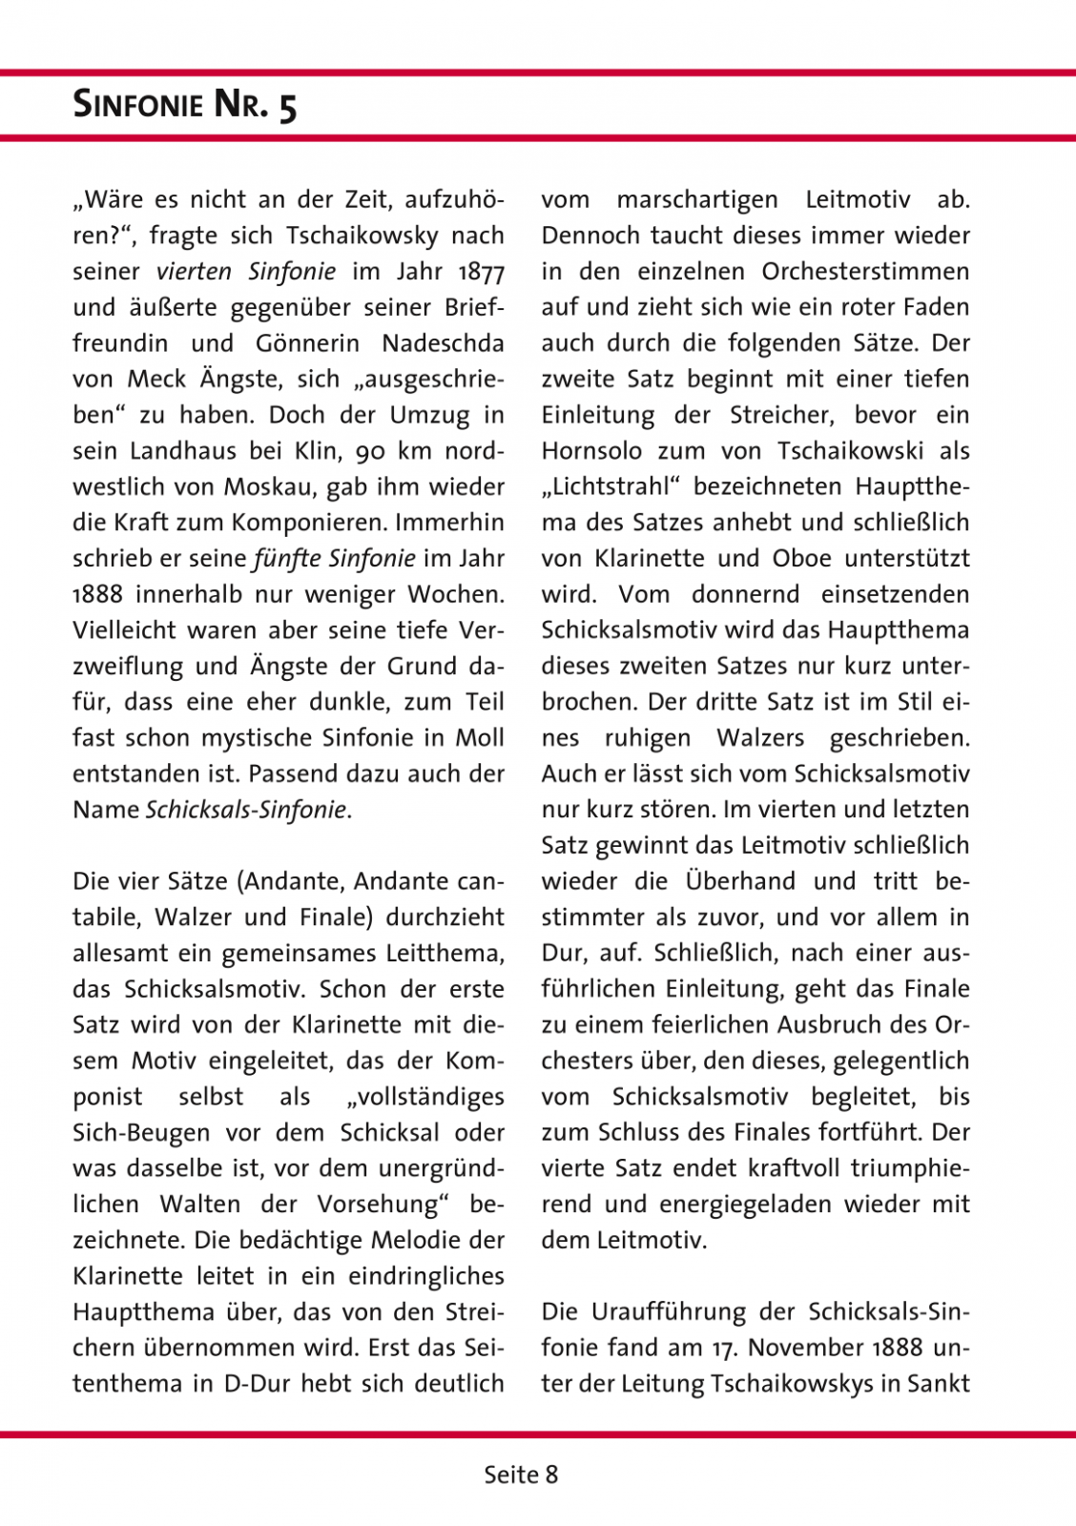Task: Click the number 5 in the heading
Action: pos(287,106)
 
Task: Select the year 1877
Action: pos(481,272)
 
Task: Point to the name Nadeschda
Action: pos(443,343)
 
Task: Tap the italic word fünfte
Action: pos(287,559)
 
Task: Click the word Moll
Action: pos(481,738)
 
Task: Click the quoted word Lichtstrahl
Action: pos(610,487)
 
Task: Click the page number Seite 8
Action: pos(521,1474)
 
